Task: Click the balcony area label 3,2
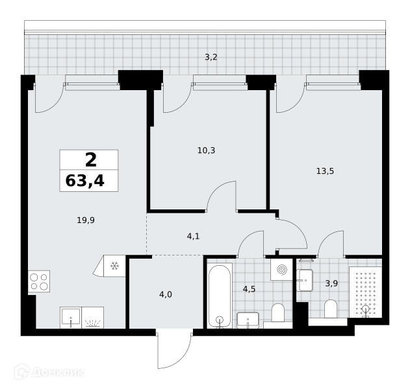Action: (x=211, y=57)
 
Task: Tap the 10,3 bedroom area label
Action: (x=207, y=150)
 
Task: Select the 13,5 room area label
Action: (x=325, y=171)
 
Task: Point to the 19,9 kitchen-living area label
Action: (x=86, y=220)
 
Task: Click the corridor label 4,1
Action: (x=193, y=236)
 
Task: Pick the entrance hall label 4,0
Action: (x=166, y=294)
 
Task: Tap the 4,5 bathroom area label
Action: (x=249, y=289)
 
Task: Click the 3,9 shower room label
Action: (x=331, y=283)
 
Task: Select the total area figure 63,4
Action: (x=85, y=180)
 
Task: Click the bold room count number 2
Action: (x=91, y=160)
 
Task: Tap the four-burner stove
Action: (x=39, y=281)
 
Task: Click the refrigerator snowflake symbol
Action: (x=114, y=266)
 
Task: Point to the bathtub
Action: (x=220, y=296)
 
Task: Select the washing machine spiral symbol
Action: (x=282, y=270)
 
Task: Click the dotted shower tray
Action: (x=366, y=292)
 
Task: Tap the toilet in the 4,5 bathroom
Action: (x=277, y=313)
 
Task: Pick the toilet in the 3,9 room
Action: (x=331, y=309)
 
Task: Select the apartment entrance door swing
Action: (x=174, y=350)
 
